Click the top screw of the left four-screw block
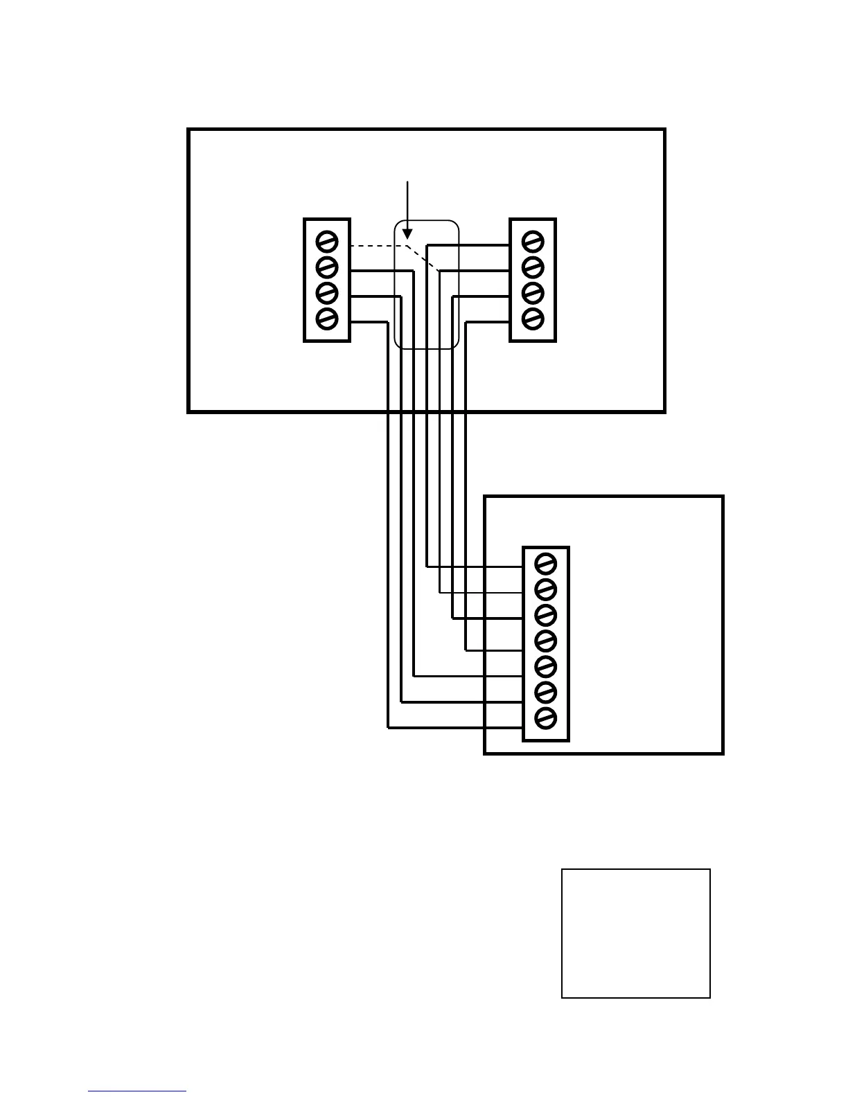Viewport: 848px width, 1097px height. click(326, 241)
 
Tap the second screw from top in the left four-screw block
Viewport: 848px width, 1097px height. click(326, 267)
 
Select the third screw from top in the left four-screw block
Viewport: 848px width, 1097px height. click(326, 293)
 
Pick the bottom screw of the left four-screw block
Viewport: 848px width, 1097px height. click(326, 319)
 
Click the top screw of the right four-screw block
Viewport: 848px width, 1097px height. click(532, 241)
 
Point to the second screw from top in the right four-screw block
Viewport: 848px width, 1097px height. click(532, 267)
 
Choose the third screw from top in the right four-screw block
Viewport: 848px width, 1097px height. click(532, 293)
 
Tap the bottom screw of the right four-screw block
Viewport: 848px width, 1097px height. click(532, 319)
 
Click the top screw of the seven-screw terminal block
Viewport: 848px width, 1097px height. click(546, 564)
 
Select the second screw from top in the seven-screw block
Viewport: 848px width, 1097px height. click(546, 589)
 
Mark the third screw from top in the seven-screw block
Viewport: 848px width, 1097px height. click(546, 615)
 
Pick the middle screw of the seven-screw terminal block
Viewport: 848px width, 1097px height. click(546, 641)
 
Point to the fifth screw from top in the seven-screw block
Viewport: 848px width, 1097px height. click(546, 666)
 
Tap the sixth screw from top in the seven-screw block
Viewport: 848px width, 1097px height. click(546, 692)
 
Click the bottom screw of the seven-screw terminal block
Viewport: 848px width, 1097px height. click(546, 717)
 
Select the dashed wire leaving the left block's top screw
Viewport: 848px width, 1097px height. click(374, 246)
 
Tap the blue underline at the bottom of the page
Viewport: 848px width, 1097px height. click(137, 1091)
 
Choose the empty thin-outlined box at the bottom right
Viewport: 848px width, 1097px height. click(635, 933)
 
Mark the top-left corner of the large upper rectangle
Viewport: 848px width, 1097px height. click(189, 130)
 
